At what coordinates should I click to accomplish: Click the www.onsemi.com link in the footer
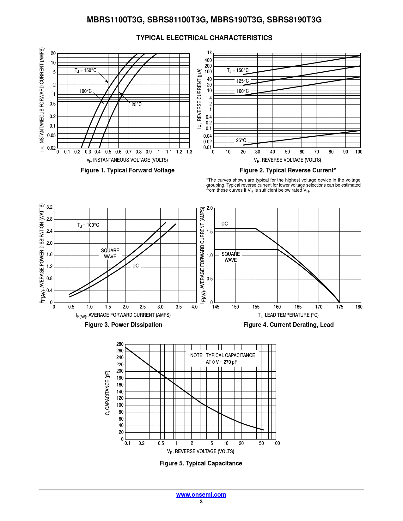pos(201,494)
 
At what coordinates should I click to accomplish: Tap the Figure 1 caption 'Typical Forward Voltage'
pos(128,170)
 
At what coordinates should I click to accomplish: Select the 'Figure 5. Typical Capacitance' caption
pos(201,463)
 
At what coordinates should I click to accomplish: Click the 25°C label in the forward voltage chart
pos(137,105)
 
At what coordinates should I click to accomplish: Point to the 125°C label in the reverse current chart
pos(242,81)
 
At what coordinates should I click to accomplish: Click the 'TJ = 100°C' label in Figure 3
pos(88,225)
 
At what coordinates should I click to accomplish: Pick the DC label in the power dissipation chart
pos(136,266)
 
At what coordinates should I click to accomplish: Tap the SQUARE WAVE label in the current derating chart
pos(230,257)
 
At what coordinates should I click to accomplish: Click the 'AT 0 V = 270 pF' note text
pos(221,362)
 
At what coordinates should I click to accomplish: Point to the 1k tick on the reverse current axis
pos(210,53)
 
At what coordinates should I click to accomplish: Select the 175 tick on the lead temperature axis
pos(339,307)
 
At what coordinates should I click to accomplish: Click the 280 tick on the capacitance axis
pos(120,344)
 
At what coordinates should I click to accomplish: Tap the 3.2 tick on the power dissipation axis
pos(50,207)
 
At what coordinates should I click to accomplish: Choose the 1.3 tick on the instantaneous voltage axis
pos(189,152)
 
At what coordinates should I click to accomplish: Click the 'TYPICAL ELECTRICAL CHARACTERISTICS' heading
pos(204,38)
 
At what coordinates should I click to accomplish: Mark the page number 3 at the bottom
pos(201,502)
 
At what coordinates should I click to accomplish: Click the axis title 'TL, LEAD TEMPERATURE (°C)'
pos(288,315)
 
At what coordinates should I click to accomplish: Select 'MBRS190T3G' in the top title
pos(237,20)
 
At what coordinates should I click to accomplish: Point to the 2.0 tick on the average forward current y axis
pos(210,208)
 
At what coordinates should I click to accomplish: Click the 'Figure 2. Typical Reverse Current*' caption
pos(288,170)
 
